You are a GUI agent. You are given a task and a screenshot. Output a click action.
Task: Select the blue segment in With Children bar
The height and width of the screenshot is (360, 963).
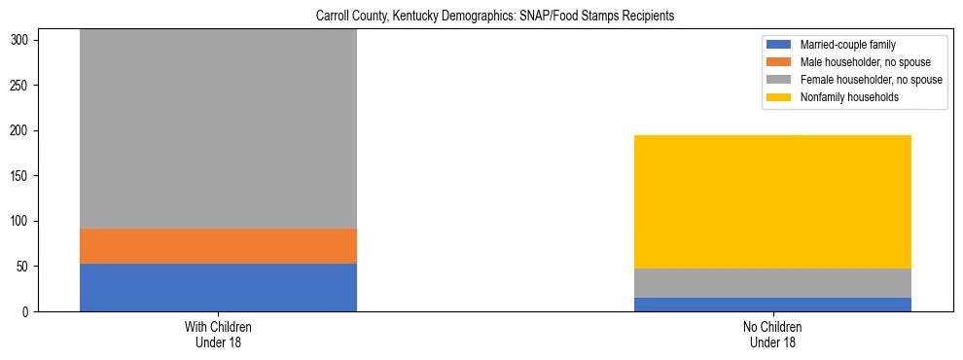point(218,287)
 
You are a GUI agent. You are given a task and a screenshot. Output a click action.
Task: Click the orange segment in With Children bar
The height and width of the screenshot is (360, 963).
point(218,246)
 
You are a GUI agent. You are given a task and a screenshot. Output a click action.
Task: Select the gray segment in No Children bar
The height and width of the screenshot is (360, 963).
point(772,283)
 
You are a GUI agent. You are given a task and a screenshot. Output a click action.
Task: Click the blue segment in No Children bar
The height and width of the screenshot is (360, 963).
point(772,305)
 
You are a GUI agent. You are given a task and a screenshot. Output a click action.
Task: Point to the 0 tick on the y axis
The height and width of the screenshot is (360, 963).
point(28,312)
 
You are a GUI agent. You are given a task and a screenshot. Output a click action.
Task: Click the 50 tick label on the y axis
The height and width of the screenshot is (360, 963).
point(25,267)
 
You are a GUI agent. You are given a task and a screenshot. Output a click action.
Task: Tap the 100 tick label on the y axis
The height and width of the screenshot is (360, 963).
point(22,222)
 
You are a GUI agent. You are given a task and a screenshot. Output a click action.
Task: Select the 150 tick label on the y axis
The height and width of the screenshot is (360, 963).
point(22,176)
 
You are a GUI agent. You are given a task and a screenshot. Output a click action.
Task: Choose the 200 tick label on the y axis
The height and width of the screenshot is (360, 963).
point(22,131)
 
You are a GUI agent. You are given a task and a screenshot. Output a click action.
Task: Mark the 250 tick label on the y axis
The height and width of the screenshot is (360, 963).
point(22,86)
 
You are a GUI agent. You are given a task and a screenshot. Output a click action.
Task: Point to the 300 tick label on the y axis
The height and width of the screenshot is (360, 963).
point(22,41)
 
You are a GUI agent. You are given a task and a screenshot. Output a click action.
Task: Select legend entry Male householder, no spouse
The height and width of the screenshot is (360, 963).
point(856,62)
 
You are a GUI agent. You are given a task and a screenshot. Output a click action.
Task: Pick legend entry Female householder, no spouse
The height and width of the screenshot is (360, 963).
point(860,80)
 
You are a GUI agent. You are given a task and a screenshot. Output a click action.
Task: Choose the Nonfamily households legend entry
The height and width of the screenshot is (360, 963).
point(845,97)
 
